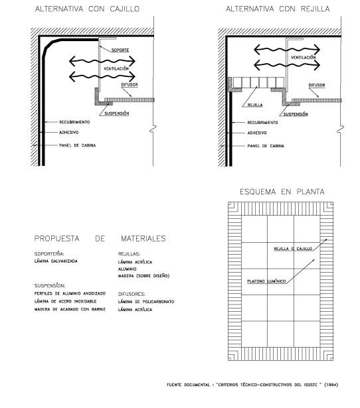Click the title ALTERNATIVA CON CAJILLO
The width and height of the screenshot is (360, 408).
[87, 9]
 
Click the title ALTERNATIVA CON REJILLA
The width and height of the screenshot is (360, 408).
[278, 9]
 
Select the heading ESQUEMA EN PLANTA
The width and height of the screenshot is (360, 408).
[282, 192]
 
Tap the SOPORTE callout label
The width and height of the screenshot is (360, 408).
[120, 50]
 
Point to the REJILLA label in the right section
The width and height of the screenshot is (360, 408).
[255, 105]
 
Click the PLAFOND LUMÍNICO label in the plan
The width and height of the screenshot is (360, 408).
[266, 281]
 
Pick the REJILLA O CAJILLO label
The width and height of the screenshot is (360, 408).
[293, 249]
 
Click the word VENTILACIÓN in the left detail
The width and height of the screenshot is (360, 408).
[116, 69]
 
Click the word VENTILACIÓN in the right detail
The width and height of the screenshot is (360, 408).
[304, 57]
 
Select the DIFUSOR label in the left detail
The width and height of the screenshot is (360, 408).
[130, 84]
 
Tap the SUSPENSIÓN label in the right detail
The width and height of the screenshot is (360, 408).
[296, 114]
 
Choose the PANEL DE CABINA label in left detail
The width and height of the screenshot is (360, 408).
[77, 145]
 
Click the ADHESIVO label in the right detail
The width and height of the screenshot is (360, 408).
[257, 133]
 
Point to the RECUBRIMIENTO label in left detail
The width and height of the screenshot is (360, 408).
[74, 122]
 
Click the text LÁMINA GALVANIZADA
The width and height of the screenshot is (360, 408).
[56, 261]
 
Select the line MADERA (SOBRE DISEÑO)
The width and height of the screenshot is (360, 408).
[143, 275]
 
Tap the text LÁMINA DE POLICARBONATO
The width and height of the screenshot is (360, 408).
[146, 302]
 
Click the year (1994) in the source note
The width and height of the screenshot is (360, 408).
[331, 385]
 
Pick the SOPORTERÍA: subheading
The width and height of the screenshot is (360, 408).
[49, 253]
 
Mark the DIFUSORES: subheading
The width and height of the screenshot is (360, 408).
[132, 294]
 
